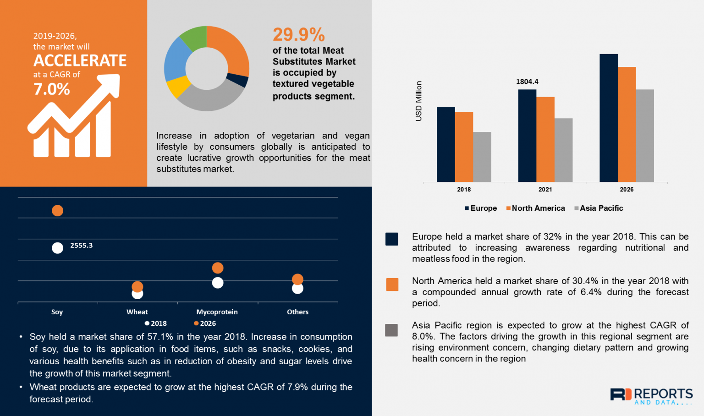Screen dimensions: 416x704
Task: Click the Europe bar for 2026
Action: pos(608,118)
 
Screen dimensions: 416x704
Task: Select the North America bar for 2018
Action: pos(464,147)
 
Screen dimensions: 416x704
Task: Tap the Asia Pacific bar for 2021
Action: pos(563,150)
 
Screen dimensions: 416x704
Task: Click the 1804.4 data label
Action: pos(527,82)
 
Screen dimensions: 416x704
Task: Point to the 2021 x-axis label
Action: pos(545,189)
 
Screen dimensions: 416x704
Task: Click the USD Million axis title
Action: pos(418,101)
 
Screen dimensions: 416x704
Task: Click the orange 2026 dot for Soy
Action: pos(57,210)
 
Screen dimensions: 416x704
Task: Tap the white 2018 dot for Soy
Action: pos(57,248)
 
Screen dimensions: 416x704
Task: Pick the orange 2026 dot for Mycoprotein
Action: pos(218,268)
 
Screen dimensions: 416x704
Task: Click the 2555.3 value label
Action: pos(81,246)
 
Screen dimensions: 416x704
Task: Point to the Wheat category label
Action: pos(137,312)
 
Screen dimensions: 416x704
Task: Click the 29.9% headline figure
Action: pos(299,35)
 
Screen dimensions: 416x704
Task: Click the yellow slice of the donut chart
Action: pos(178,86)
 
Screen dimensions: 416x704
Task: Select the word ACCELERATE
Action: pos(80,60)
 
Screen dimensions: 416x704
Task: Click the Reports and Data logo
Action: pos(651,396)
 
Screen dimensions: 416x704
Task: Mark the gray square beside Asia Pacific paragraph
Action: pos(391,330)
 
